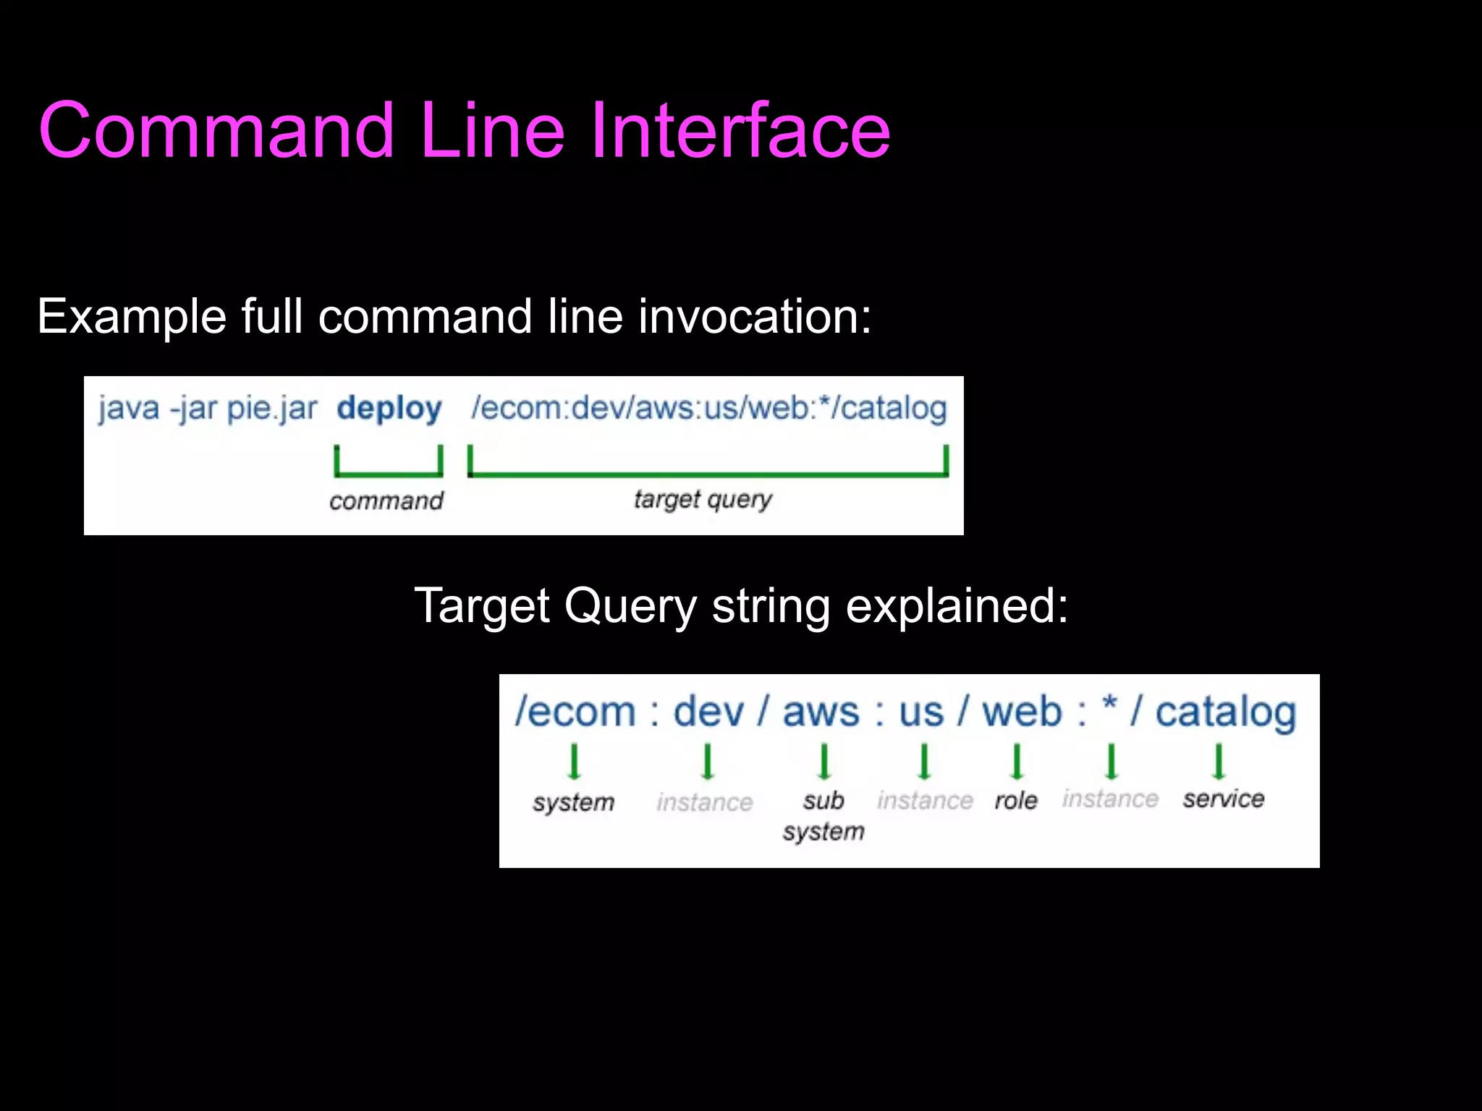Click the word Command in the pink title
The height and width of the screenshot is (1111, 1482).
216,130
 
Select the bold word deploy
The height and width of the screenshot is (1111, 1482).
389,409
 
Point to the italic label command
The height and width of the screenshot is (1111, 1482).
386,501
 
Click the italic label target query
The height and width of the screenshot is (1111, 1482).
703,499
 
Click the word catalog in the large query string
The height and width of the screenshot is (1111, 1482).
1225,712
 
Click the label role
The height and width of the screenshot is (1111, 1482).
1016,801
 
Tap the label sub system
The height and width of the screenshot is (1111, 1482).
823,816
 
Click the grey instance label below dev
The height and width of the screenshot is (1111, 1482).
705,802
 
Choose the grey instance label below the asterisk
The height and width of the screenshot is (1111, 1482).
1110,799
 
